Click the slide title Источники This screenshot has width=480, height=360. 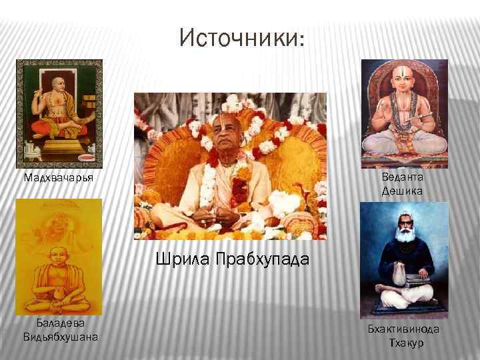242,38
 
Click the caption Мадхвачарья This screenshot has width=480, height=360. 58,179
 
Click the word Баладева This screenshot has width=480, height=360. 59,323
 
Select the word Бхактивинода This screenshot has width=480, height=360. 403,329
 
